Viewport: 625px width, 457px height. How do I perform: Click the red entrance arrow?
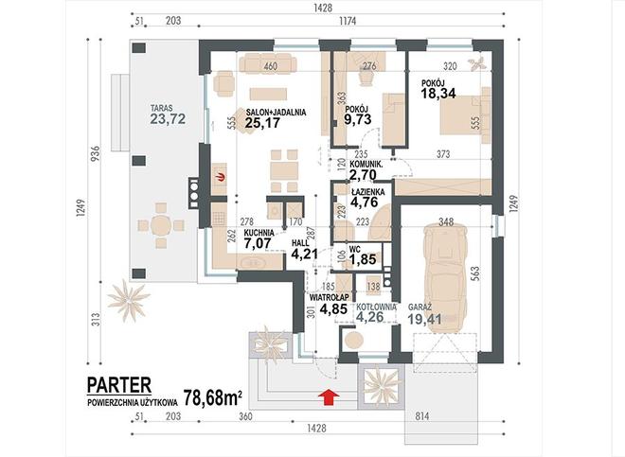tap(329, 397)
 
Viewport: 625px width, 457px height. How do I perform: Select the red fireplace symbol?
tap(221, 178)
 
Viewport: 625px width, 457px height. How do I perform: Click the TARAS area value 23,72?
tap(168, 118)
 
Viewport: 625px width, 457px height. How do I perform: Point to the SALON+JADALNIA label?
tap(276, 113)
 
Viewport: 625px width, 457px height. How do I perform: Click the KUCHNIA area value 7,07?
tap(258, 242)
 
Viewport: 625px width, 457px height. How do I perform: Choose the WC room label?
tap(355, 250)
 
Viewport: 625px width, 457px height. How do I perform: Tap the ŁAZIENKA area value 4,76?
tap(364, 202)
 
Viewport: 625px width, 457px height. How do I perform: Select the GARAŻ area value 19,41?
tap(425, 319)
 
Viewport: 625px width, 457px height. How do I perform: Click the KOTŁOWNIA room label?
tap(376, 307)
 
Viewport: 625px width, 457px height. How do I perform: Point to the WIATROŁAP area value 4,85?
tap(333, 308)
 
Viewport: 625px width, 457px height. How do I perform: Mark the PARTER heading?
tap(119, 385)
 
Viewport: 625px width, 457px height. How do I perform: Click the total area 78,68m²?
tap(212, 397)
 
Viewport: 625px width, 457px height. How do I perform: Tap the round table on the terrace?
tap(161, 225)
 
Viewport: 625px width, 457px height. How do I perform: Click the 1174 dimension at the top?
tap(348, 21)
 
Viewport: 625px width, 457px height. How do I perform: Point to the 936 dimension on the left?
tap(96, 153)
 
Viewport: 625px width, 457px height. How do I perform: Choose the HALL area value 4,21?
tap(304, 254)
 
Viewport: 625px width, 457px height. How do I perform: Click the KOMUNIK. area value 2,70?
tap(363, 174)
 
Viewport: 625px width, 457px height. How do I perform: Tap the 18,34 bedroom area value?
tap(438, 94)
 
